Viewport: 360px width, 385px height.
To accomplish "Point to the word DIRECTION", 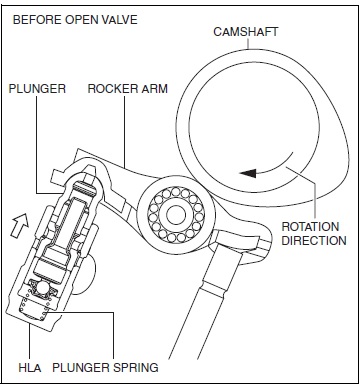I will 314,240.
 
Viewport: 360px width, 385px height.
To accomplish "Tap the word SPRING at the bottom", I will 133,367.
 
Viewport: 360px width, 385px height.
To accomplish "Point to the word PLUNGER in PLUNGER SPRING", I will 81,367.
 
